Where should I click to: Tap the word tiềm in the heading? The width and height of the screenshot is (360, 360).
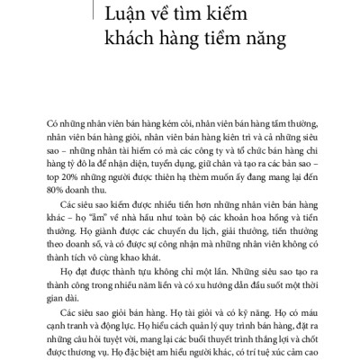point(231,40)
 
